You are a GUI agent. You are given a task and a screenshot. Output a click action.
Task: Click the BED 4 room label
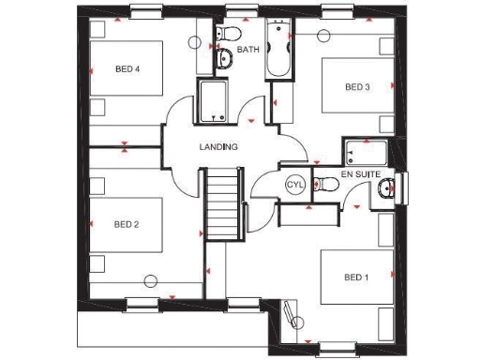[127, 68]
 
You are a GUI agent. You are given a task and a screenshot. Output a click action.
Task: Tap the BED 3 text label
[357, 87]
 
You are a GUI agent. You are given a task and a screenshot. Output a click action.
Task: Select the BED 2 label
[127, 224]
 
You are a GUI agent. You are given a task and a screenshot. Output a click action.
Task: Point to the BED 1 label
[356, 277]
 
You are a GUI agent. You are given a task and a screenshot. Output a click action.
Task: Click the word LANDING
[218, 147]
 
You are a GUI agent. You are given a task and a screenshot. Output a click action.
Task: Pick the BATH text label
[248, 49]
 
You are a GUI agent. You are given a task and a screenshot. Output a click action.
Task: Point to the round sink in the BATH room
[225, 60]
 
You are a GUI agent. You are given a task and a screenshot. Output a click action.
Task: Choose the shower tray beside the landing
[215, 101]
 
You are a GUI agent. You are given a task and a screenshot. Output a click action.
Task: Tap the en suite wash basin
[386, 191]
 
